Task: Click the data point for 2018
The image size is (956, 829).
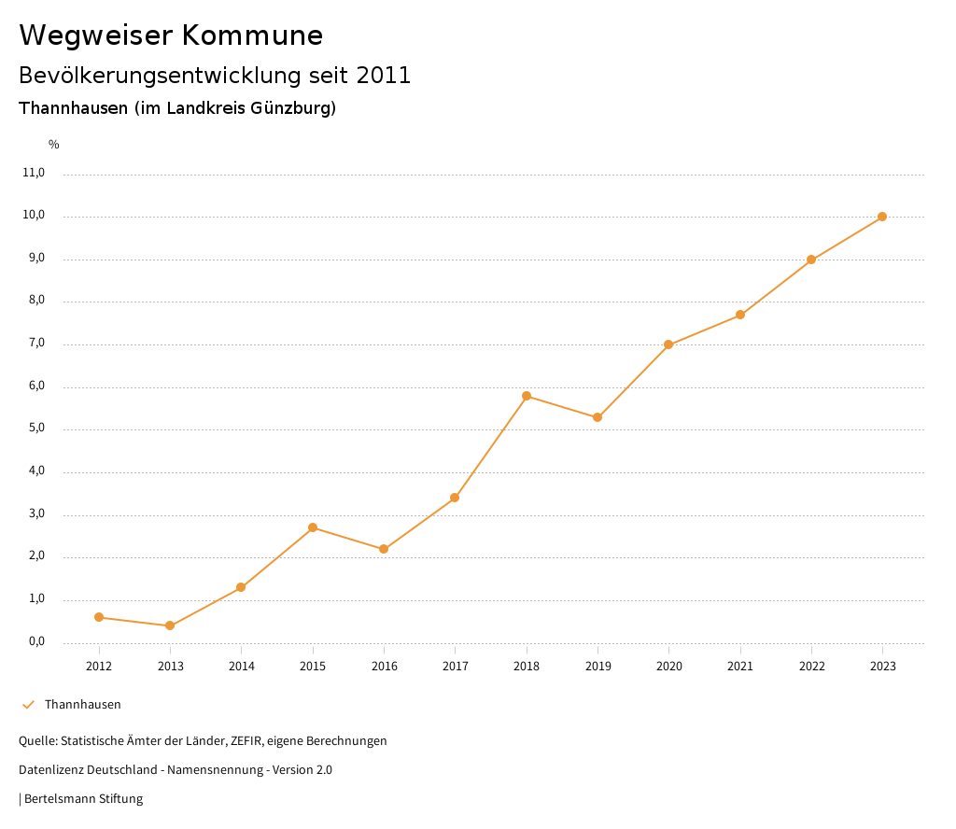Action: click(527, 396)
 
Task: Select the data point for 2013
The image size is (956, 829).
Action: click(170, 625)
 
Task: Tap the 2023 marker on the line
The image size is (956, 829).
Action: click(882, 217)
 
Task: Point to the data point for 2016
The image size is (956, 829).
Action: click(384, 549)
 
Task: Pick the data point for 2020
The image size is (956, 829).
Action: click(668, 344)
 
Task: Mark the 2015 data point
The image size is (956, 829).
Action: click(313, 527)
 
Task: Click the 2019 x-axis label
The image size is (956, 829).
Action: click(597, 666)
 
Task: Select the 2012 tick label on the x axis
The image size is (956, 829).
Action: click(99, 666)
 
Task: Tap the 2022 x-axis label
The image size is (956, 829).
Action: click(811, 666)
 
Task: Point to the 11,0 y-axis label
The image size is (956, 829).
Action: click(35, 173)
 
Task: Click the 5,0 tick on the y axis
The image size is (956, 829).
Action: click(36, 429)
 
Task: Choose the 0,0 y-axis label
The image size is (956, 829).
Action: click(36, 642)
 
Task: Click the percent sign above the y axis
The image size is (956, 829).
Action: click(54, 145)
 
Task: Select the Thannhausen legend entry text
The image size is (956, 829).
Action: click(83, 705)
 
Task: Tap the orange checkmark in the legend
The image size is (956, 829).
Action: click(28, 705)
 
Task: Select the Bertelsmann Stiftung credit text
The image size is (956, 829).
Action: click(83, 799)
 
